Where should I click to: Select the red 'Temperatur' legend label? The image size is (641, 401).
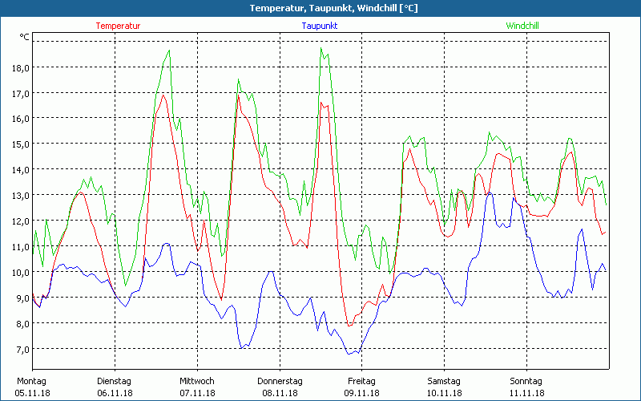coord(118,26)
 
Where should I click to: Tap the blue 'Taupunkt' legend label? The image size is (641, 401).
coord(319,26)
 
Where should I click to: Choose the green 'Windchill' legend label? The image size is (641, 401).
coord(522,26)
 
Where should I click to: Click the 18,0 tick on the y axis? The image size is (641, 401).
coord(21,67)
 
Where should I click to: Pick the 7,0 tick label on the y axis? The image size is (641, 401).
coord(21,349)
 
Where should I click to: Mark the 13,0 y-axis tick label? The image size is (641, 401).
coord(21,195)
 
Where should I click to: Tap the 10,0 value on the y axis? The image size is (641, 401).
coord(21,272)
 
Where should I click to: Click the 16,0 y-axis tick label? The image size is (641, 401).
coord(21,119)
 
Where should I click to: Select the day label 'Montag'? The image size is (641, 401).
coord(31,381)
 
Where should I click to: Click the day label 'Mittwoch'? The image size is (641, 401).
coord(197,381)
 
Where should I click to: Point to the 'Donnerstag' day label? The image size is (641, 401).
coord(280,381)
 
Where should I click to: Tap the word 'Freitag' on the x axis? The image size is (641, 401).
coord(361,381)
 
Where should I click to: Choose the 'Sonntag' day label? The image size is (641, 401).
coord(526,381)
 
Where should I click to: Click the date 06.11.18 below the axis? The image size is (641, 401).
coord(114,393)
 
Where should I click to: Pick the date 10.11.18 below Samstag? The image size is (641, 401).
coord(444,393)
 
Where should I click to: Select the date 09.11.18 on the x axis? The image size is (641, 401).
coord(361,393)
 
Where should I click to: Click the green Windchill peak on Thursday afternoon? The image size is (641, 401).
coord(321,48)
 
